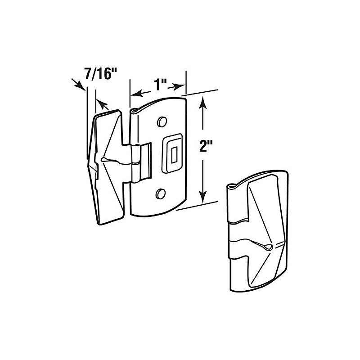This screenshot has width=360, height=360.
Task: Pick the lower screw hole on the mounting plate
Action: tap(160, 193)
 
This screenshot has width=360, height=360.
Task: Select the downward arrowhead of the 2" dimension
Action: tap(204, 198)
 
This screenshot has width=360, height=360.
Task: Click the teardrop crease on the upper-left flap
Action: tap(106, 159)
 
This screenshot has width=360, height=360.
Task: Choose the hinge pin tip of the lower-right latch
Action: tap(231, 185)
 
